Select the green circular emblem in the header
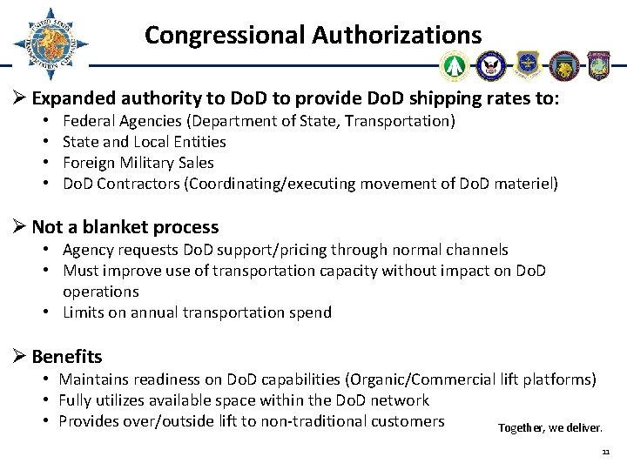455,65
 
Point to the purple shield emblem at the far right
599,65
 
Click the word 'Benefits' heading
67,356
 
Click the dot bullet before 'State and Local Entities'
51,142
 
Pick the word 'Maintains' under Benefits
91,379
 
